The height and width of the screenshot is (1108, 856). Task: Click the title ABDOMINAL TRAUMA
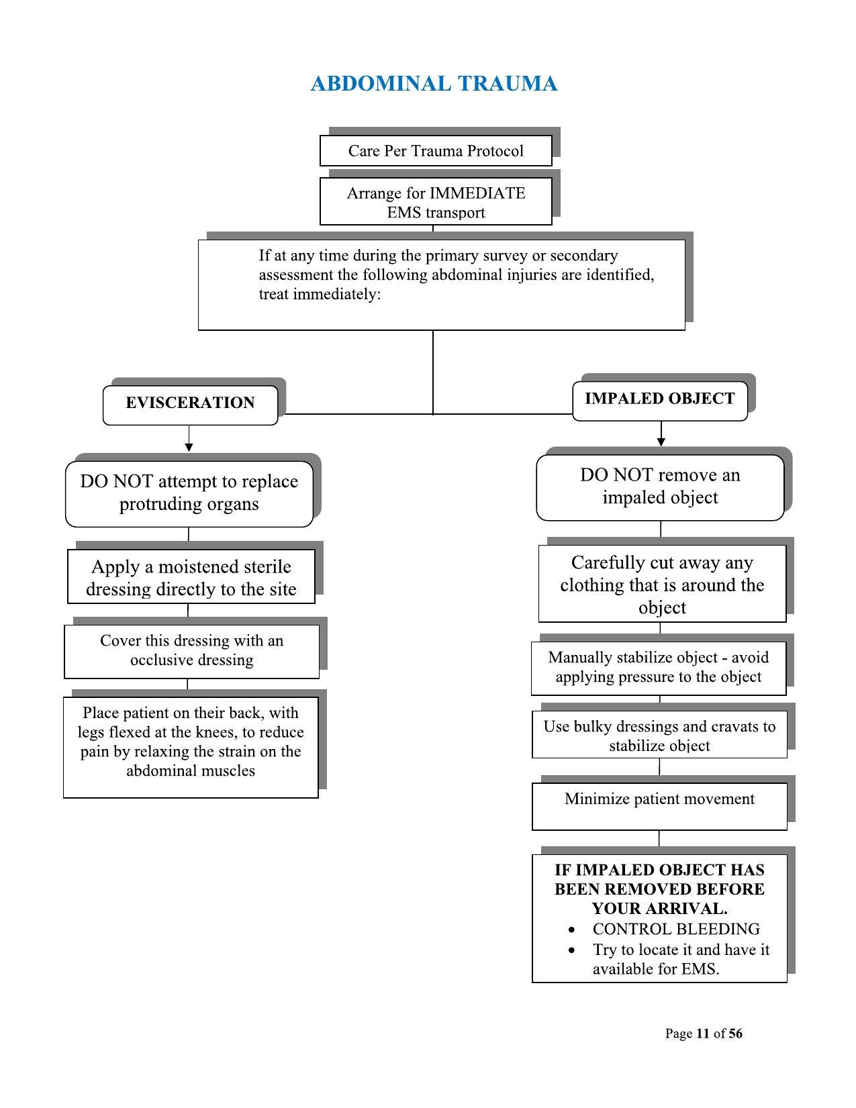pos(434,84)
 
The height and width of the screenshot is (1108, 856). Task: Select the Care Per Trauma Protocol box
pos(436,151)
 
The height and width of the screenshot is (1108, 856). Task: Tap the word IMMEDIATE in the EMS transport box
pos(477,193)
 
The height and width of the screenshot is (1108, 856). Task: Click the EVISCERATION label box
pos(190,403)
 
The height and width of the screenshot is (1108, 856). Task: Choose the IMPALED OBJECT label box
pos(659,399)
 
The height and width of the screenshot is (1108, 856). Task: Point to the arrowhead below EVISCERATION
pos(189,447)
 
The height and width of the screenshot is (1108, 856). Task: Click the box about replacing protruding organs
pos(189,493)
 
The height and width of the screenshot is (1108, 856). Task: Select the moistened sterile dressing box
pos(191,578)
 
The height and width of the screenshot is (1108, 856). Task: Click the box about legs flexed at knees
pos(191,742)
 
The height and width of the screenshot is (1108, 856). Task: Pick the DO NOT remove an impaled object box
pos(660,487)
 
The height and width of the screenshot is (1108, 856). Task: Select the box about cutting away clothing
pos(662,585)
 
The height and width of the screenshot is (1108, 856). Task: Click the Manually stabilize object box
pos(659,667)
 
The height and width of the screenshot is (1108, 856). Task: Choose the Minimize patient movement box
pos(659,799)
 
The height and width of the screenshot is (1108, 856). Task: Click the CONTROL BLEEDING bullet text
pos(676,929)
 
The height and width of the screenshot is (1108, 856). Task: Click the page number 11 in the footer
pos(703,1034)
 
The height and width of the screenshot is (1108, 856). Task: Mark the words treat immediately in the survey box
pos(320,294)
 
